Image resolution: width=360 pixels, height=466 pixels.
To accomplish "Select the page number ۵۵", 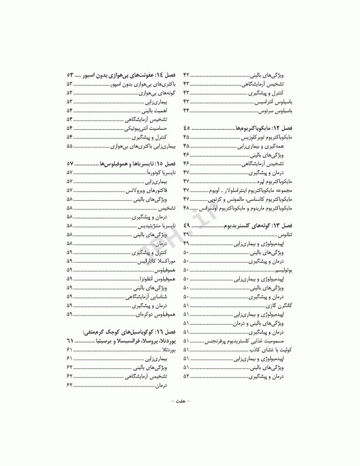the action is pos(70,146).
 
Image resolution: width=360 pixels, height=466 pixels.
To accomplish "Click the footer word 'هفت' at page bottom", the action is pos(180,400).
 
